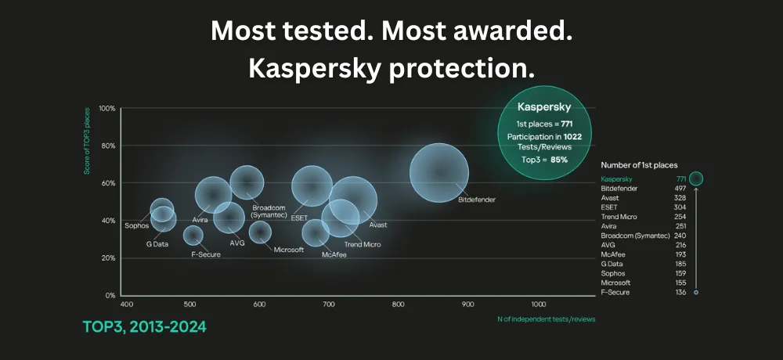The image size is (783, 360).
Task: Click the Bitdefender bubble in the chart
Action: pyautogui.click(x=439, y=174)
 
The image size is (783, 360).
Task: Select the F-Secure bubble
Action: pyautogui.click(x=193, y=235)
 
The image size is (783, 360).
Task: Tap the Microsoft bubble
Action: pyautogui.click(x=260, y=232)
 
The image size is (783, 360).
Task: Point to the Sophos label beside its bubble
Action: pyautogui.click(x=136, y=225)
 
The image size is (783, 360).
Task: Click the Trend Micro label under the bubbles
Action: pyautogui.click(x=363, y=245)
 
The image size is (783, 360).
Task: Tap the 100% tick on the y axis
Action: pyautogui.click(x=107, y=108)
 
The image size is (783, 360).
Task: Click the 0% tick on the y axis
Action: pyautogui.click(x=110, y=296)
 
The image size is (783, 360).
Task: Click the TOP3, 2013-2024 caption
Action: pyautogui.click(x=145, y=326)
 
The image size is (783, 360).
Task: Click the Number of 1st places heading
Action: pyautogui.click(x=639, y=165)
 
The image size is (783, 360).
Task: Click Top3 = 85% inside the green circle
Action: pyautogui.click(x=543, y=160)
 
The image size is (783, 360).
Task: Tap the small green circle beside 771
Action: pyautogui.click(x=696, y=178)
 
